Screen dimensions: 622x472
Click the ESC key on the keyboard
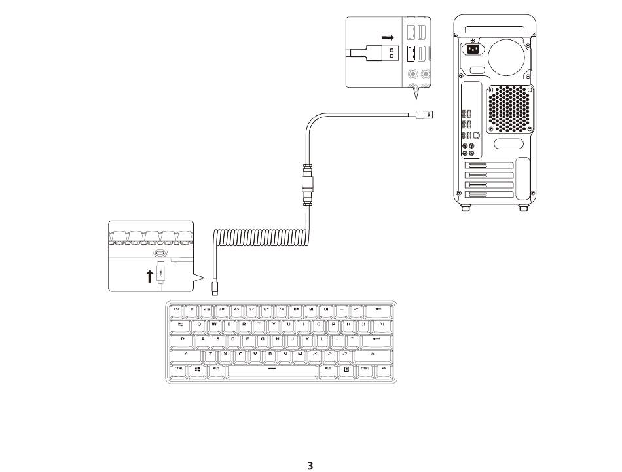tap(177, 309)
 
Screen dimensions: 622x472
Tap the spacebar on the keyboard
tap(271, 371)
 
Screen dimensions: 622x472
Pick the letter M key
tap(300, 354)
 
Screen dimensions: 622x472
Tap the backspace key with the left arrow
tap(378, 309)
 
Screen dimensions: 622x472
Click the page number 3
tap(311, 466)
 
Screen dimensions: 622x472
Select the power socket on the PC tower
tap(472, 50)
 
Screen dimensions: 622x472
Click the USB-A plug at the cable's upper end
tap(424, 115)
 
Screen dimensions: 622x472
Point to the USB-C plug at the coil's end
tap(216, 287)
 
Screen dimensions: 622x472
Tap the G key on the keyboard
tap(263, 339)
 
